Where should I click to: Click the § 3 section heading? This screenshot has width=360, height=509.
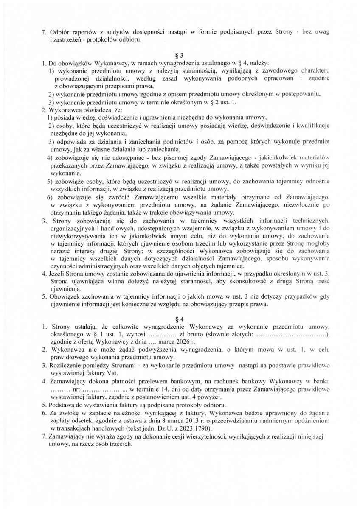[180, 56]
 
